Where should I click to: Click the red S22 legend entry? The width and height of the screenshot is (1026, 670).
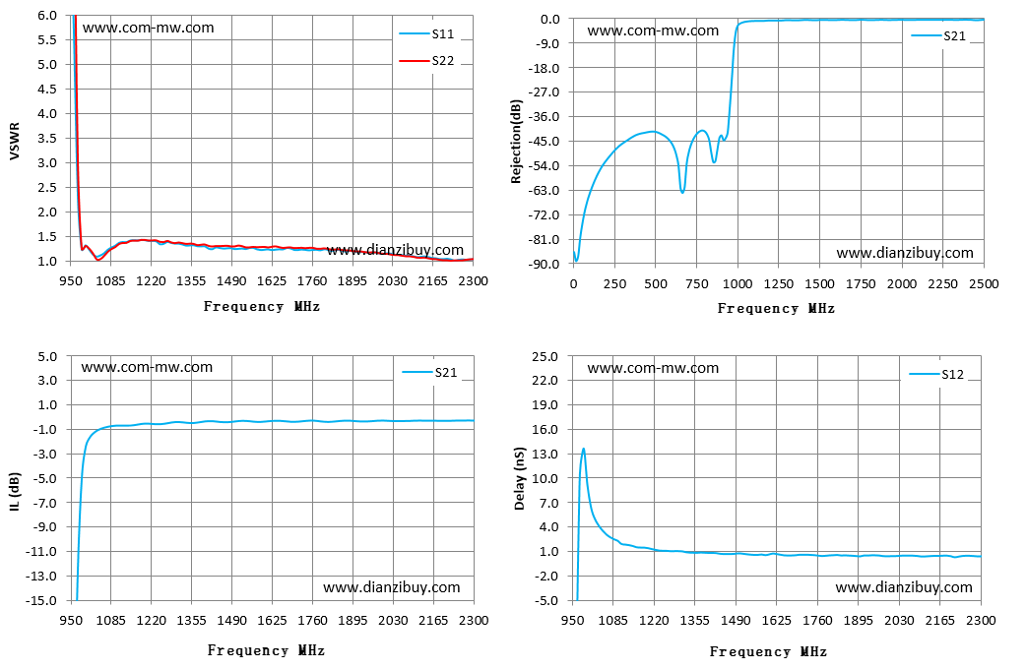point(426,61)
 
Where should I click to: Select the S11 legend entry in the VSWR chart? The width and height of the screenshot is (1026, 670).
point(426,34)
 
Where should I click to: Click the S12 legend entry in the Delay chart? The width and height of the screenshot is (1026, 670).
point(936,374)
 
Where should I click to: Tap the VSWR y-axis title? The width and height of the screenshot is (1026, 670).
point(15,142)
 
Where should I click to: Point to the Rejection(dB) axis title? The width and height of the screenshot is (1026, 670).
point(516,142)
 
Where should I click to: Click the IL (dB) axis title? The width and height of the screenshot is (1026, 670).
point(15,491)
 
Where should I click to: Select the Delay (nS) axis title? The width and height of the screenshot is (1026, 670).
point(520,478)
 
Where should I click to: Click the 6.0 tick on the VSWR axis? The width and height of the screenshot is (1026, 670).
point(47,15)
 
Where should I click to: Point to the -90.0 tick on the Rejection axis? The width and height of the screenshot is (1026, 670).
point(545,264)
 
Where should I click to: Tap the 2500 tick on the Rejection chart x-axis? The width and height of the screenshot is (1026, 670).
point(984,283)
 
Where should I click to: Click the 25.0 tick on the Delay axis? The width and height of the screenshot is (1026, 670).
point(545,356)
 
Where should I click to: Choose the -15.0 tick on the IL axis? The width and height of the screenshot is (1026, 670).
point(43,600)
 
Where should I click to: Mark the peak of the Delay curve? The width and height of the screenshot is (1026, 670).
point(583,449)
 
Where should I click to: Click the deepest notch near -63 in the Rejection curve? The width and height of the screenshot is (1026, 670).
point(682,192)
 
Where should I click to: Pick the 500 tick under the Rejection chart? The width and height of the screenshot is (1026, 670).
point(656,283)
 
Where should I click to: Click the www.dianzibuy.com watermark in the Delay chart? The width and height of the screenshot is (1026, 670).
point(904,587)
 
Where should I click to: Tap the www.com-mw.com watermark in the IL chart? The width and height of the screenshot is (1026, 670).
point(147,367)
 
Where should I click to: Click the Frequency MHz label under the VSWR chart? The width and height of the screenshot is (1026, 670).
point(262,306)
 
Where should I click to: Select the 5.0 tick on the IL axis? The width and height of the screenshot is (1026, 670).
point(48,356)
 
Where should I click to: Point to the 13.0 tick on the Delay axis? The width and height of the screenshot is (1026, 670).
point(545,454)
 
